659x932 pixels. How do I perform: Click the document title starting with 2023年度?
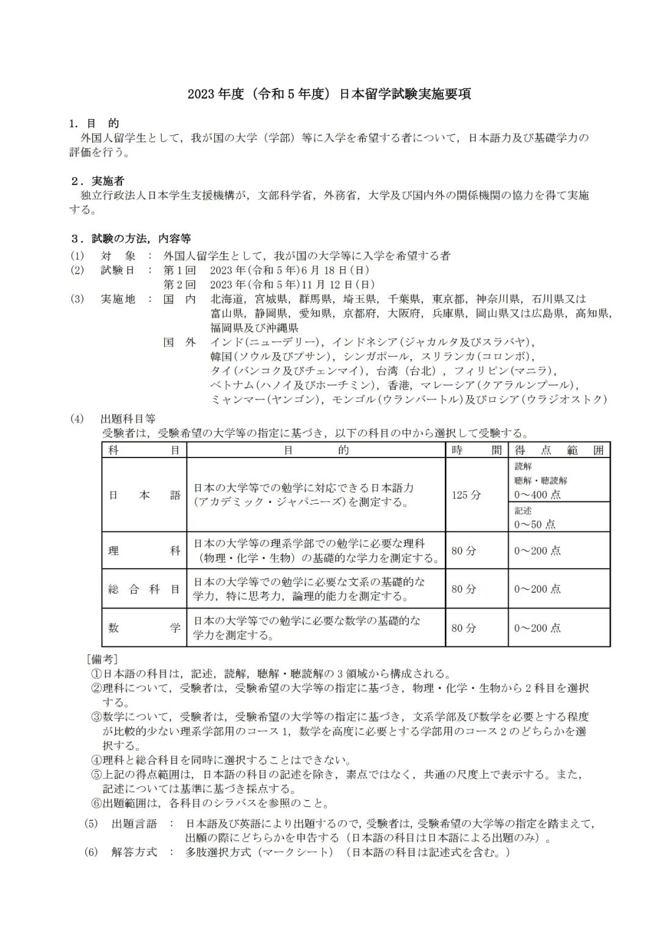click(x=329, y=95)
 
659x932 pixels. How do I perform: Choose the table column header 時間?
click(x=477, y=451)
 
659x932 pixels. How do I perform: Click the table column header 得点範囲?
click(x=558, y=451)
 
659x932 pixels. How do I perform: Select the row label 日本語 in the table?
click(x=144, y=495)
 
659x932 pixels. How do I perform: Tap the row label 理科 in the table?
click(x=144, y=550)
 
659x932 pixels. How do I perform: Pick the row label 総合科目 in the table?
click(x=144, y=589)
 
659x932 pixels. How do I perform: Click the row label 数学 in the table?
click(x=144, y=628)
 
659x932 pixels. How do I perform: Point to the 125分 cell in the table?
click(x=466, y=495)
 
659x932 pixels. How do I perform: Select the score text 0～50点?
click(x=535, y=524)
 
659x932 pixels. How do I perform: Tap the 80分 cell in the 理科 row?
click(x=464, y=551)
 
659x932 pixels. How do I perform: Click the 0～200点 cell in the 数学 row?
click(x=537, y=628)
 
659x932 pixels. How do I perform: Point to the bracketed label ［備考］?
click(x=102, y=660)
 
